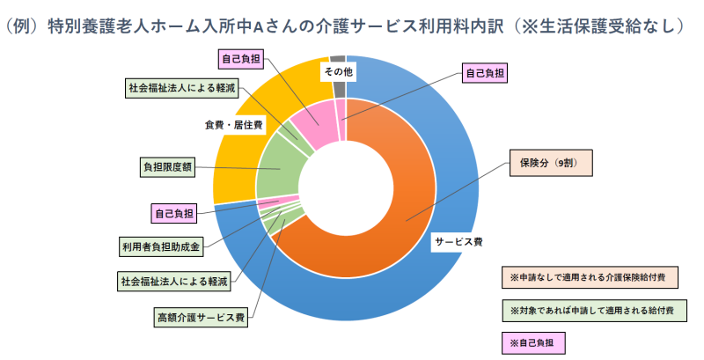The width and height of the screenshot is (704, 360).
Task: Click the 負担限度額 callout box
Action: pos(167,166)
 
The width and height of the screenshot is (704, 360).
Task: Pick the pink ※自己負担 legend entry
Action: pos(534,342)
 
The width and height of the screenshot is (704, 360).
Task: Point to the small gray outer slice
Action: pos(338,85)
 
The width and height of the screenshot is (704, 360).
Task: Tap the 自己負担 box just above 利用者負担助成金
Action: pos(173,213)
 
